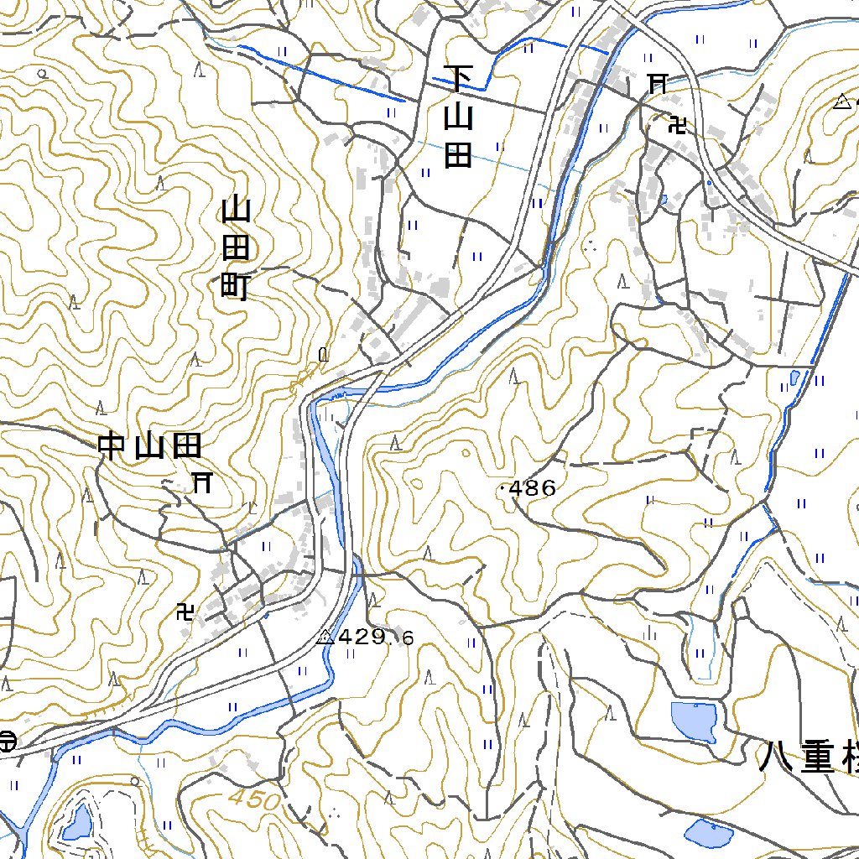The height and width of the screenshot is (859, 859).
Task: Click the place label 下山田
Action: tap(458, 117)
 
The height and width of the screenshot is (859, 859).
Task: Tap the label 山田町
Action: tap(234, 249)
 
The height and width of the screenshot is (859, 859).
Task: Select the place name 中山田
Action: tap(151, 446)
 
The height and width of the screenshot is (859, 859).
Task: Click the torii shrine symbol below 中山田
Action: tap(201, 482)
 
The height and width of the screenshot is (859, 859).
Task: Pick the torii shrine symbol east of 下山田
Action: tap(658, 83)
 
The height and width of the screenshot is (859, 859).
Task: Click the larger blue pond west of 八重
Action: tap(694, 721)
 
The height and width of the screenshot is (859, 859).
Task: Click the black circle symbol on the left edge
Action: tap(8, 741)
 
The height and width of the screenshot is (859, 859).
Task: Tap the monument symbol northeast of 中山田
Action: tap(323, 355)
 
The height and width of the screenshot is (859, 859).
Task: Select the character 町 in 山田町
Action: tap(234, 288)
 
